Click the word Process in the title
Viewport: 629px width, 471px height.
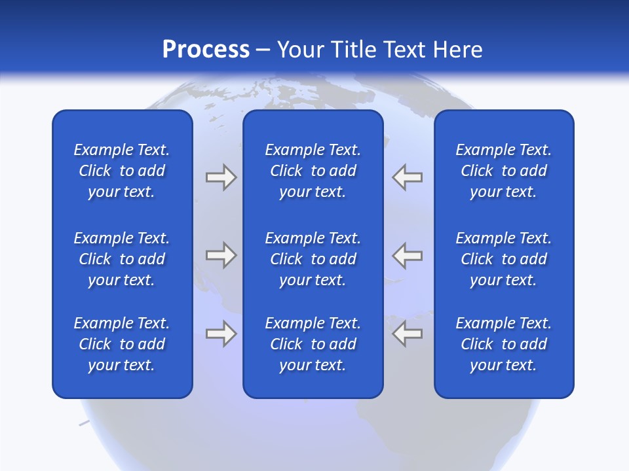[206, 50]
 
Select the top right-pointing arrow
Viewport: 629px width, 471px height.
[221, 177]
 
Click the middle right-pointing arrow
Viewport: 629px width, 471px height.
[221, 255]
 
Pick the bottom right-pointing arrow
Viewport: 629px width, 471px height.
[221, 334]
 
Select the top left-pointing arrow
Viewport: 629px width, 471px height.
[408, 177]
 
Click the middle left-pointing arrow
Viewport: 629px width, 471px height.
[408, 255]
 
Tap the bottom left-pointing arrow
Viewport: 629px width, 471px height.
[408, 334]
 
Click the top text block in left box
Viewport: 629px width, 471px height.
[122, 171]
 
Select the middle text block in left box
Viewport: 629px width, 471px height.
[122, 259]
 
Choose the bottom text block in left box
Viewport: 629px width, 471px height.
[122, 344]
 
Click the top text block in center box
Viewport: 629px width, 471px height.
[313, 171]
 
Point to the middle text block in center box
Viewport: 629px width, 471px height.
[313, 259]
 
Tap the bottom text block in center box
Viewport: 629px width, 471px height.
[313, 344]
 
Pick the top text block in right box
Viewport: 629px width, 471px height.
[504, 171]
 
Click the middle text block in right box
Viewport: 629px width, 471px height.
[504, 259]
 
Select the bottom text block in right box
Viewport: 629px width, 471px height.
[504, 344]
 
